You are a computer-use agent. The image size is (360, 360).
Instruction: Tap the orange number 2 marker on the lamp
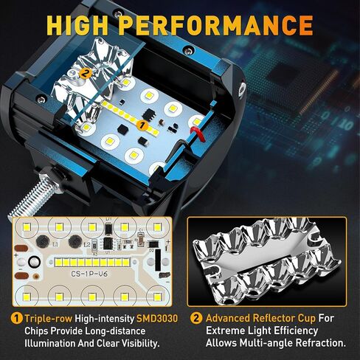point(86,73)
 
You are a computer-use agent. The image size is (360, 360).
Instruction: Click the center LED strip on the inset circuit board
point(88,261)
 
